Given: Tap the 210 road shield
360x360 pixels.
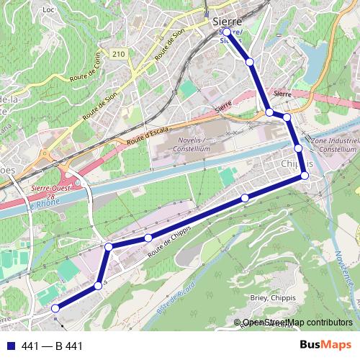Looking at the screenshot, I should click(x=119, y=54).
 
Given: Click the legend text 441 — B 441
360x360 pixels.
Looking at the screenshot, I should click(x=53, y=346).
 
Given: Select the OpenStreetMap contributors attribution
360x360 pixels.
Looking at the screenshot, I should click(x=297, y=323).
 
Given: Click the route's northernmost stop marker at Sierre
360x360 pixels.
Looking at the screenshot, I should click(x=228, y=32).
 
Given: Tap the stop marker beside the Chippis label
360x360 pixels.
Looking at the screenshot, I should click(x=306, y=176).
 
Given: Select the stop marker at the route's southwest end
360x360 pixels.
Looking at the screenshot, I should click(x=55, y=309).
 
